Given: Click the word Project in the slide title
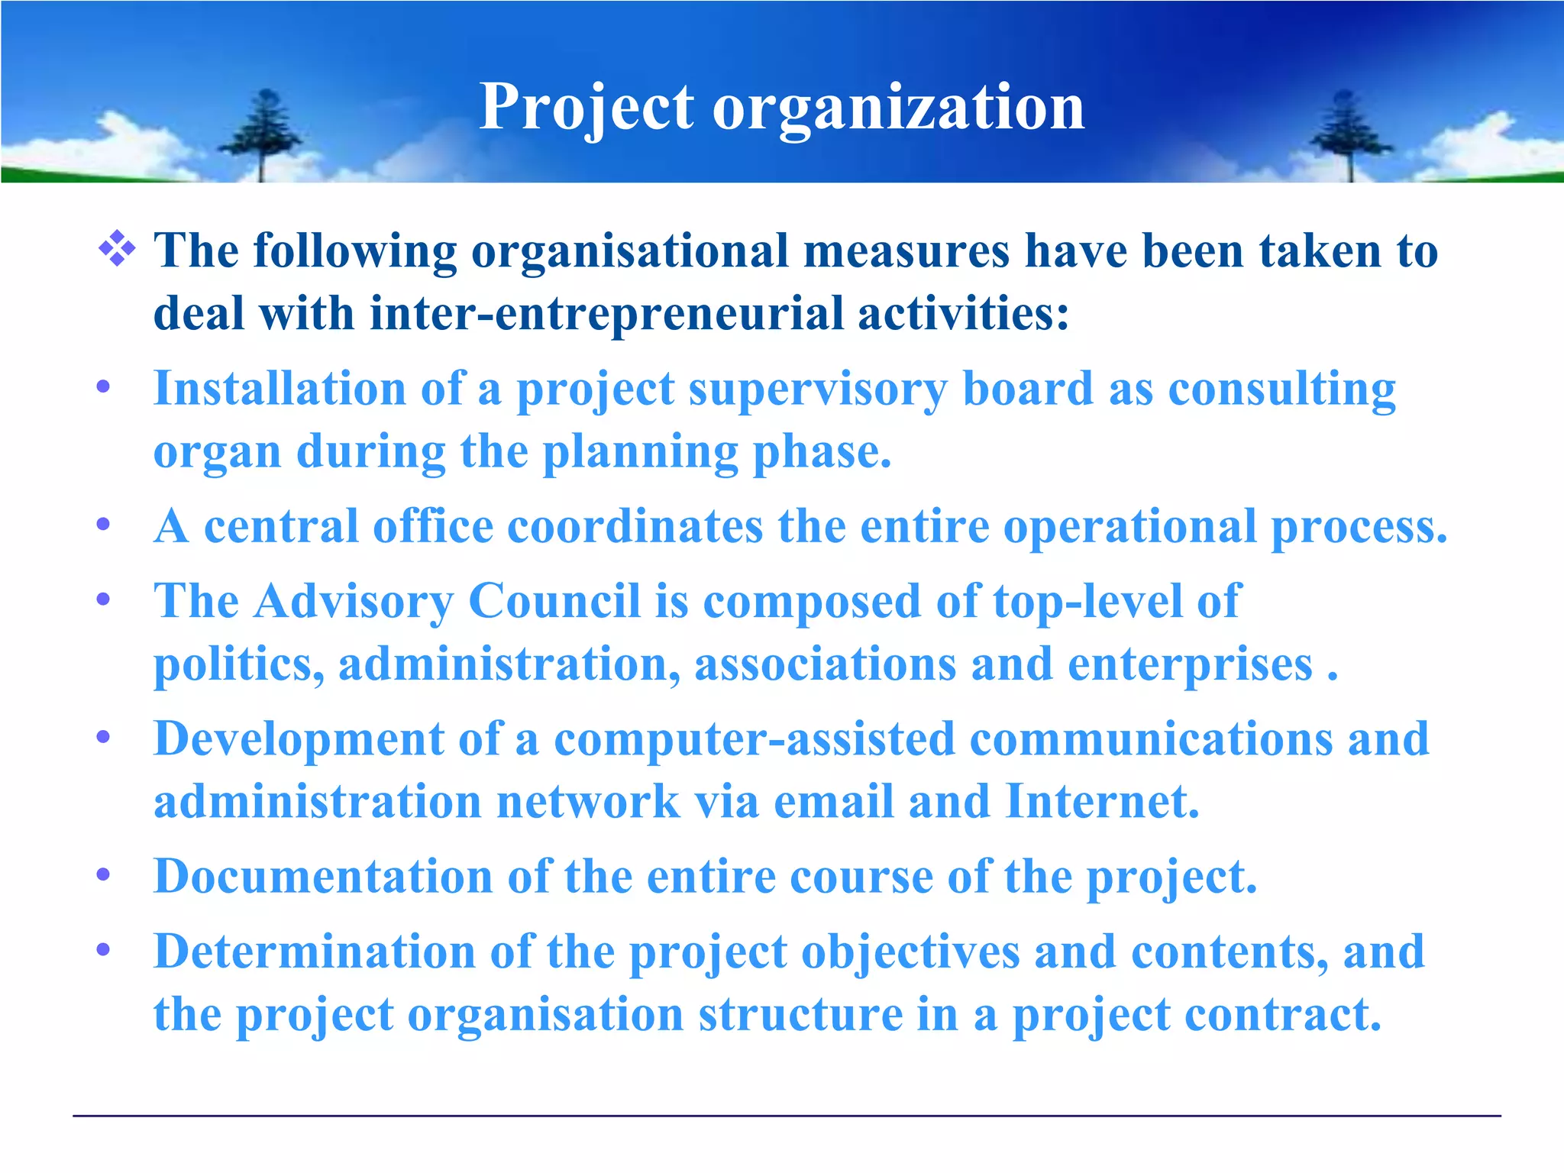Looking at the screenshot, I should pos(586,108).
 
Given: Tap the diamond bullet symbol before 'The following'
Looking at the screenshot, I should pos(117,250).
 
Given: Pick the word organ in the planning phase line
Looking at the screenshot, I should pos(217,452).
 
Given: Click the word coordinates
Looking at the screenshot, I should pos(635,526).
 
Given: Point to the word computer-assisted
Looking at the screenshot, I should pos(754,738).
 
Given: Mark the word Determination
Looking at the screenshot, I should pos(314,952).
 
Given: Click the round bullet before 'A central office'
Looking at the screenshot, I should pos(104,525).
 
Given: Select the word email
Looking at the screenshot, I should pos(833,801).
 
